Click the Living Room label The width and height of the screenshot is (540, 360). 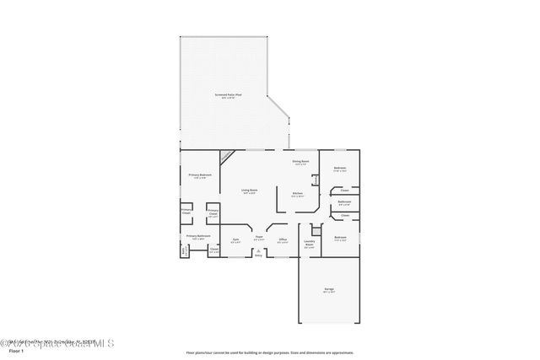point(249,191)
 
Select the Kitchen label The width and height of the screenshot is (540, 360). point(298,194)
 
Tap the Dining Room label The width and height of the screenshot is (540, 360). point(300,161)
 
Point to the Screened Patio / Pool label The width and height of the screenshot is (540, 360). point(228,96)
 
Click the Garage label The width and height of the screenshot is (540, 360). point(328,289)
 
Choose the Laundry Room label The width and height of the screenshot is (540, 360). point(310,244)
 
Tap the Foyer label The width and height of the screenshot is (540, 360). point(260,239)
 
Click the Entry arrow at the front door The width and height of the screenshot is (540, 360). point(258,253)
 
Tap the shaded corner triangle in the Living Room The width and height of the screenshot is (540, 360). point(226,156)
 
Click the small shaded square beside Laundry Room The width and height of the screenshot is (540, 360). point(316,229)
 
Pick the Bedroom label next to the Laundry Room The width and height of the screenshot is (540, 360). point(339,238)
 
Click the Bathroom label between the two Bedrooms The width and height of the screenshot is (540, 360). point(344,201)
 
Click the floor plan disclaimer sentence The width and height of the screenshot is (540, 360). point(269,352)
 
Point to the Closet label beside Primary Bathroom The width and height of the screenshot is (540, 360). point(213,250)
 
